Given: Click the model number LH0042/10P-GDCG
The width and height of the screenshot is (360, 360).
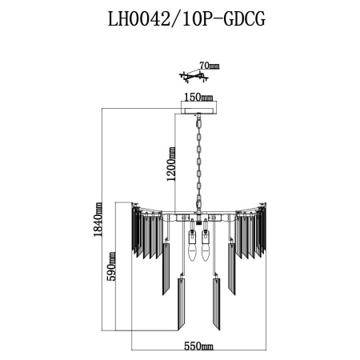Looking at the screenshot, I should (x=180, y=18).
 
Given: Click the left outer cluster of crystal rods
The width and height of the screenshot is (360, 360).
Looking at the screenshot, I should (x=147, y=232).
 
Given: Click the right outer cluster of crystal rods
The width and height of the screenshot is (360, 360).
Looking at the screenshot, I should (x=249, y=232).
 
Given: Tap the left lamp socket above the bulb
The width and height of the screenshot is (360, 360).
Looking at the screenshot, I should (x=191, y=238).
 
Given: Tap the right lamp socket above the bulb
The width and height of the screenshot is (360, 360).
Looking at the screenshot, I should (x=206, y=238).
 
